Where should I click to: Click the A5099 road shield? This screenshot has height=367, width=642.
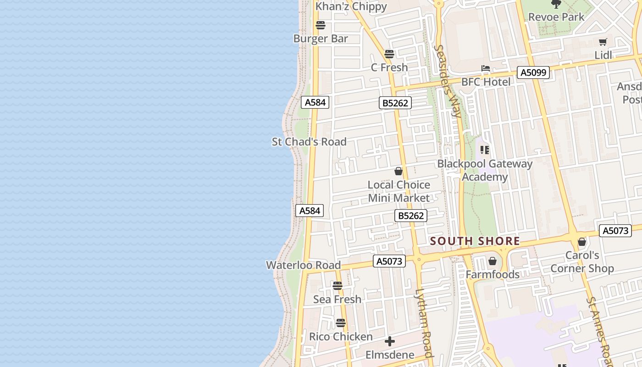(533, 72)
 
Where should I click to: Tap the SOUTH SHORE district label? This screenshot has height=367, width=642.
(475, 241)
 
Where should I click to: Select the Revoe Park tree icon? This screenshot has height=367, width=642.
(556, 5)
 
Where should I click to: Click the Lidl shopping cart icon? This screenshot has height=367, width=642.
(603, 42)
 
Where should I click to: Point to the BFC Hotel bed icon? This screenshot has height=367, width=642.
(486, 69)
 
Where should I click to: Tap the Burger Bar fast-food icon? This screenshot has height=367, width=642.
(321, 25)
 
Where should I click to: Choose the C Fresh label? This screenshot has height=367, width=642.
(389, 67)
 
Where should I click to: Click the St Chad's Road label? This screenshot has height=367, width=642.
(309, 142)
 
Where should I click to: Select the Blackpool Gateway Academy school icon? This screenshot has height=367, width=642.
(485, 150)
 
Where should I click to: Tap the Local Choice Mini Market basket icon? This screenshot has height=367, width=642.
(398, 171)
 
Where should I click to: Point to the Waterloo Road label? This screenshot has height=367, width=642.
(303, 265)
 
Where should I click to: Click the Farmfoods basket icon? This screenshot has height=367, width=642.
(493, 261)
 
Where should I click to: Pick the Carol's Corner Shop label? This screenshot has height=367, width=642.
(582, 262)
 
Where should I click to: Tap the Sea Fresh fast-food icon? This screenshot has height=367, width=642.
(338, 286)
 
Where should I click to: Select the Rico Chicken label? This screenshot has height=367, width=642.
(341, 337)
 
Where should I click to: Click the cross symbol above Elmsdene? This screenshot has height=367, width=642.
(390, 341)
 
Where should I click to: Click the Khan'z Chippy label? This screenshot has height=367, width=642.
(351, 6)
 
